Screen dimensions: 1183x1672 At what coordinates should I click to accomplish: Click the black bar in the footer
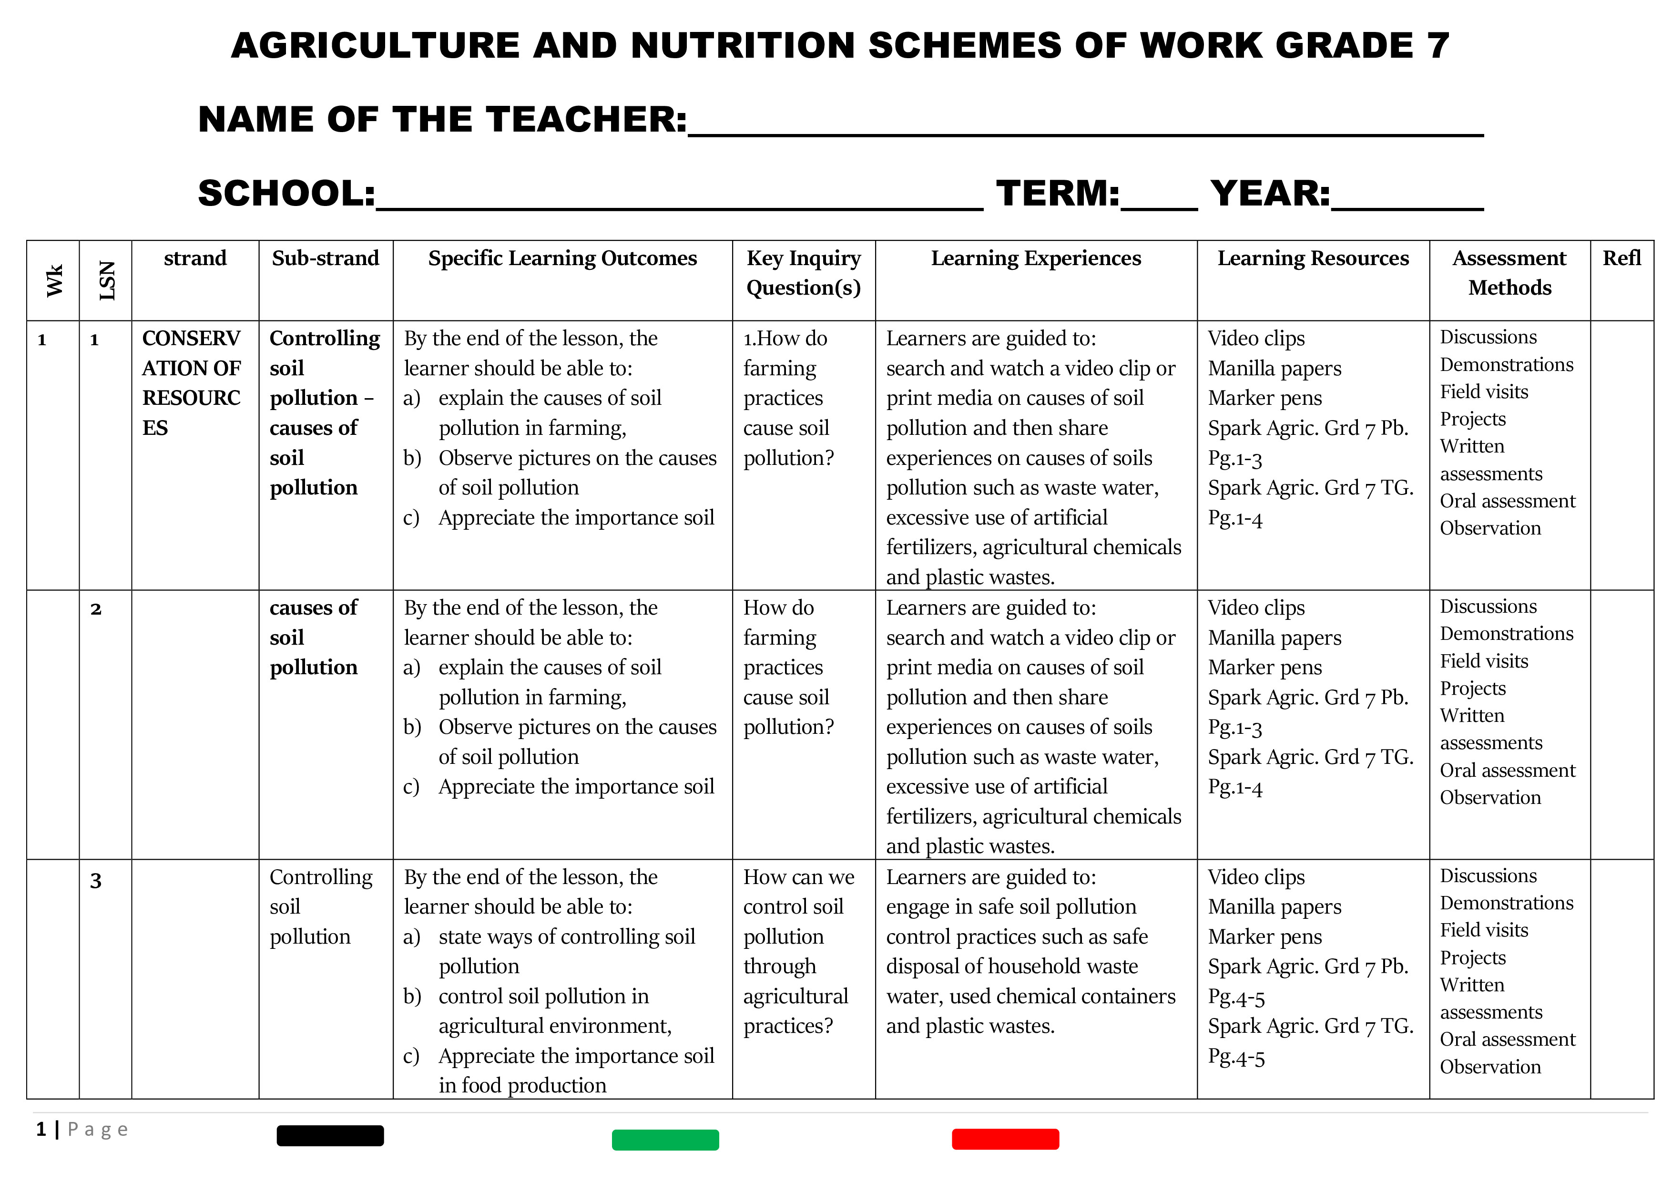point(330,1136)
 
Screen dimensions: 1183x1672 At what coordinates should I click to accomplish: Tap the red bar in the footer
point(1005,1139)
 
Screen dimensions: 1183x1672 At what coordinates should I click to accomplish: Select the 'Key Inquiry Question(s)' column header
point(803,273)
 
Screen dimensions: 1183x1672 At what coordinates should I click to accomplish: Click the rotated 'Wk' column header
point(54,280)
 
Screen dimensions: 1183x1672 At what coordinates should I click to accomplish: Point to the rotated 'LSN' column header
point(106,280)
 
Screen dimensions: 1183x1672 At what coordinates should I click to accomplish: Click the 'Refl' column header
point(1622,258)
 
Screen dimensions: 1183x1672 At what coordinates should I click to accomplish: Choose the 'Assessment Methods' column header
point(1509,273)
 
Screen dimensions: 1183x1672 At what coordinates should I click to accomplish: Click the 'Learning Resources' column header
point(1312,258)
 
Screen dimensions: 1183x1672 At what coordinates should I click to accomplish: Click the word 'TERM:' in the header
point(1057,194)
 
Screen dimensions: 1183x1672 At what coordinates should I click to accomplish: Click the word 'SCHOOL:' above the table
point(286,194)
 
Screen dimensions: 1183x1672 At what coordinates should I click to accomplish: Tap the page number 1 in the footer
point(41,1130)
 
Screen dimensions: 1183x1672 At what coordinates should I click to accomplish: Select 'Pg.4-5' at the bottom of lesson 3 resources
point(1236,1057)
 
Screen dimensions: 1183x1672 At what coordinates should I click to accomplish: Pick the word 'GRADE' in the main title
point(1344,46)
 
